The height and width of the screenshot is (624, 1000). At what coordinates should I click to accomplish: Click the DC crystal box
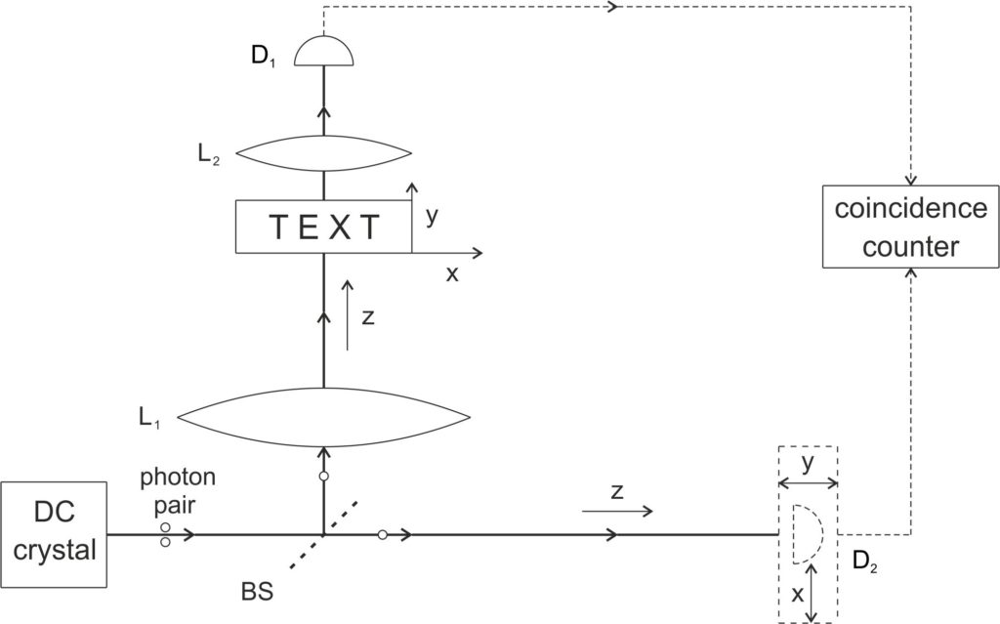[x=54, y=535]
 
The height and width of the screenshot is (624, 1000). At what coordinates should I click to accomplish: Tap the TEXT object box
[x=323, y=227]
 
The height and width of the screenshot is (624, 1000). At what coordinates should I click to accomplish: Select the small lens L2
[x=323, y=152]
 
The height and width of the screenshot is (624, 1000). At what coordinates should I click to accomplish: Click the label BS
[x=258, y=591]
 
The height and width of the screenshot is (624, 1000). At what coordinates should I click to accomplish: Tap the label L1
[x=149, y=417]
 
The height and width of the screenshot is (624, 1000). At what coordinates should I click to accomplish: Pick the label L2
[x=207, y=155]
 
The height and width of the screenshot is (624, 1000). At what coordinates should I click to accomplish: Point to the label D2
[x=864, y=561]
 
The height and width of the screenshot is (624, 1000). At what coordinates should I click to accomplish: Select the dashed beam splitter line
[x=322, y=535]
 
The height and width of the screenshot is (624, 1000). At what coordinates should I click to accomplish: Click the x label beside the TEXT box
[x=452, y=274]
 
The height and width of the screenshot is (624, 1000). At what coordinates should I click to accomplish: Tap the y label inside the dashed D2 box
[x=809, y=464]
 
